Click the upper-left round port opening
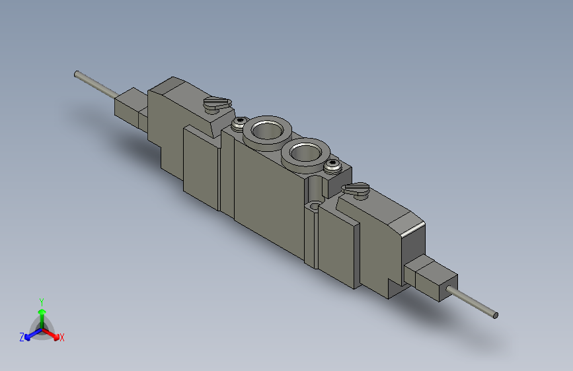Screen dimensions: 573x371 [x=267, y=130]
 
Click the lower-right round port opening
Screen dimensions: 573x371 [x=305, y=152]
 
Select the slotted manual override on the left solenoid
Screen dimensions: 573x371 [x=217, y=104]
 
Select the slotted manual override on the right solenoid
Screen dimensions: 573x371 [x=356, y=190]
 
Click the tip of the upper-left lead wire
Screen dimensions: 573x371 [x=77, y=74]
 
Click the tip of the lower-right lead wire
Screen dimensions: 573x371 [x=496, y=316]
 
